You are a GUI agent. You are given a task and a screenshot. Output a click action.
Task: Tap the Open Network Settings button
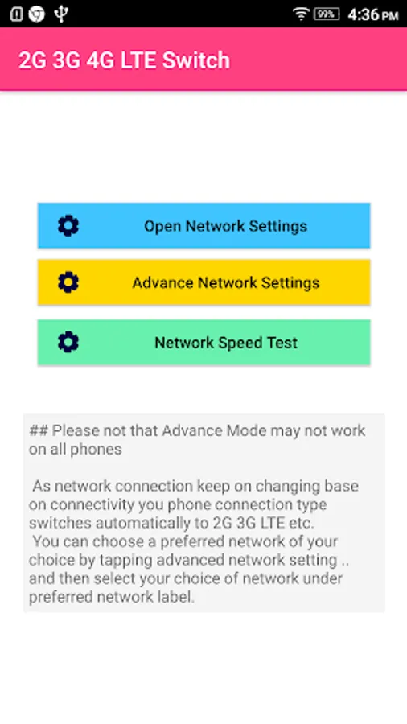coord(203,226)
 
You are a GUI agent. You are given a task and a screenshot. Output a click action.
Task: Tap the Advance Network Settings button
coord(203,282)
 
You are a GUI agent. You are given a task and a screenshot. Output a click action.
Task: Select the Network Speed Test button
coord(203,343)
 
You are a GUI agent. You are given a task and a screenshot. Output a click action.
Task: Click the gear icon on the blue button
coord(68,226)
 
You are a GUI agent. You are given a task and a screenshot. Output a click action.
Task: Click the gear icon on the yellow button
coord(68,282)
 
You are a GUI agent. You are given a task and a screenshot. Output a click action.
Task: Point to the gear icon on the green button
coord(68,342)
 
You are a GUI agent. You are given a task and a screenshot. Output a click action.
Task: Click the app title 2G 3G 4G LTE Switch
coord(124,60)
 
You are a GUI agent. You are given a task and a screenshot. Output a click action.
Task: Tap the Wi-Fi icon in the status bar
coord(300,14)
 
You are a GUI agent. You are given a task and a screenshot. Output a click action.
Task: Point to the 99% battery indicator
coord(327,14)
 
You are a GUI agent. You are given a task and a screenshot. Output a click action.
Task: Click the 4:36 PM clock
coord(373,14)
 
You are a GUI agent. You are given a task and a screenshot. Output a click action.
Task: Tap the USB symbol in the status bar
coord(61,14)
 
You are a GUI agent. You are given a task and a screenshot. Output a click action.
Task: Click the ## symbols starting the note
coord(38,431)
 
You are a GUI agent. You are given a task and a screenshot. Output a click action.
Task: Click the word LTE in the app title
coord(138,60)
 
